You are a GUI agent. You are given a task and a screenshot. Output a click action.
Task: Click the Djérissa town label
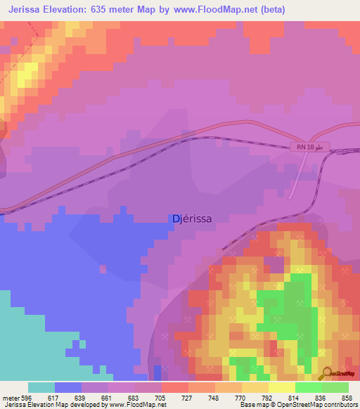click(x=192, y=219)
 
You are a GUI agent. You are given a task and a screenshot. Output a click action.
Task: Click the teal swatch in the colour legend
click(x=41, y=387)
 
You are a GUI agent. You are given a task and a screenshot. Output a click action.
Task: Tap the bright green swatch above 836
click(x=308, y=387)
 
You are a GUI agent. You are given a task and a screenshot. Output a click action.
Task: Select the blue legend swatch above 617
click(x=68, y=387)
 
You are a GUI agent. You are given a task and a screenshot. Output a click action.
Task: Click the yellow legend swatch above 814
click(x=281, y=387)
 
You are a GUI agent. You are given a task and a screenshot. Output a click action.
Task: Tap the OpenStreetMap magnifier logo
click(x=327, y=373)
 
